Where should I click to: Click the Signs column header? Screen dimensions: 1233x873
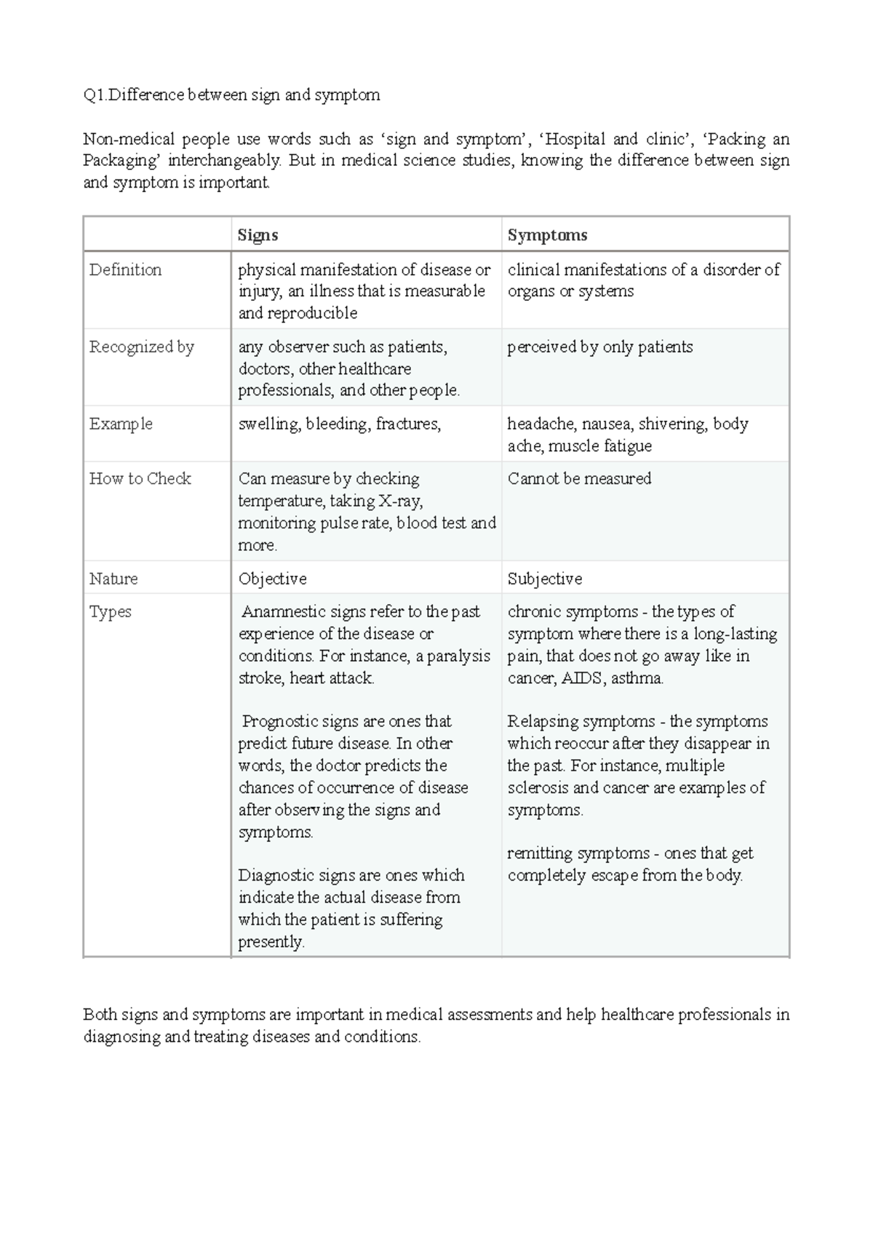click(x=258, y=236)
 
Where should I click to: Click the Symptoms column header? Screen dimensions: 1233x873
click(x=547, y=236)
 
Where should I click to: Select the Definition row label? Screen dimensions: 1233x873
click(x=125, y=270)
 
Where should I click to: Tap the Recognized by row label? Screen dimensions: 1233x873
click(x=141, y=348)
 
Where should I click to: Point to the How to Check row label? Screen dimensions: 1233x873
click(x=140, y=479)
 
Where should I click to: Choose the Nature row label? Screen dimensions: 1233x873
click(x=113, y=579)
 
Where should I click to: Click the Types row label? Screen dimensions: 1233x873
click(x=111, y=612)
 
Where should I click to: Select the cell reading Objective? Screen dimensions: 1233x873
click(x=272, y=579)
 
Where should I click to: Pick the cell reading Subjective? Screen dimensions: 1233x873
click(x=545, y=579)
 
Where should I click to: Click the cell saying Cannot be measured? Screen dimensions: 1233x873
click(x=579, y=479)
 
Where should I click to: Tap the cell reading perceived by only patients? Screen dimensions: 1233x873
click(x=599, y=348)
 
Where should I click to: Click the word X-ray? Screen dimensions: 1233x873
click(x=399, y=501)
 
